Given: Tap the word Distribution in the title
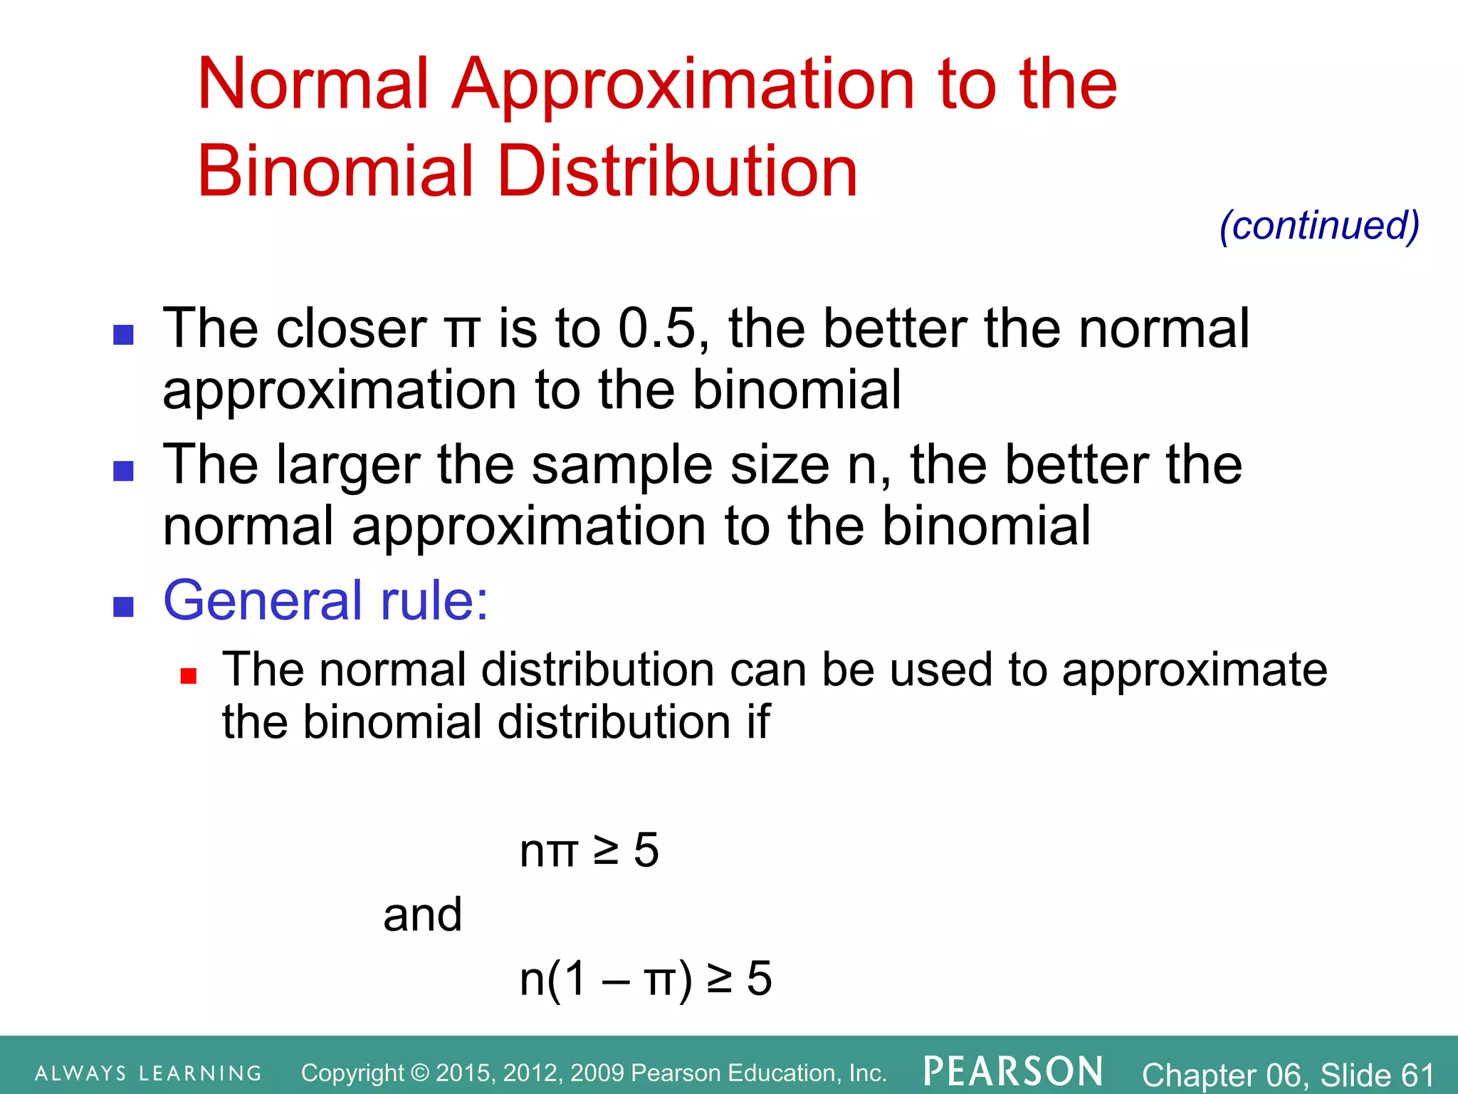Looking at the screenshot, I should tap(677, 171).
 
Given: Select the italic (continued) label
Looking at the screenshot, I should tap(1319, 226).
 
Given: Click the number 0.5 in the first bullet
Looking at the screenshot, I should tap(656, 328).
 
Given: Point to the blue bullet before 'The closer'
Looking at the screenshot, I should tap(124, 335).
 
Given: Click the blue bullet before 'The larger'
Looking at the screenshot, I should tap(124, 471).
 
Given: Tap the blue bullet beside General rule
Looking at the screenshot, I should tap(124, 606).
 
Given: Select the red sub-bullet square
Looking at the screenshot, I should tap(188, 675).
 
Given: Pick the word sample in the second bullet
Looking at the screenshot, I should tap(622, 465).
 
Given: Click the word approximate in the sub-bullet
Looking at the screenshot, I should tap(1194, 671).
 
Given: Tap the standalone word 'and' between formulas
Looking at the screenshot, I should tap(422, 915).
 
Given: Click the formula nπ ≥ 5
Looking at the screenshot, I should tap(589, 850).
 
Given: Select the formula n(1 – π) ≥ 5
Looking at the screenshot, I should tap(645, 979).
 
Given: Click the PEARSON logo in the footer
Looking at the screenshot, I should tap(1013, 1071).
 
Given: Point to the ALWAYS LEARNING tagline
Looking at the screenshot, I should tap(148, 1073).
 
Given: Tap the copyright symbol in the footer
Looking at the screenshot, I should tap(421, 1073).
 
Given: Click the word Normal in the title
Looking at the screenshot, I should tap(313, 85).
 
